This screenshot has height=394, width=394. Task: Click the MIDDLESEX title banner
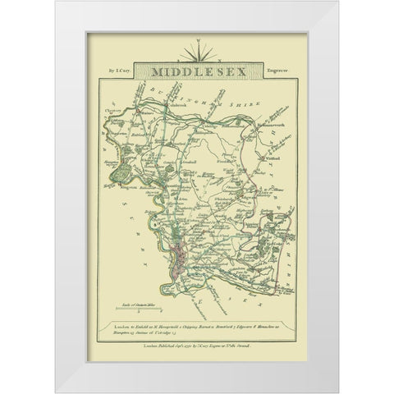pos(196,73)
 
